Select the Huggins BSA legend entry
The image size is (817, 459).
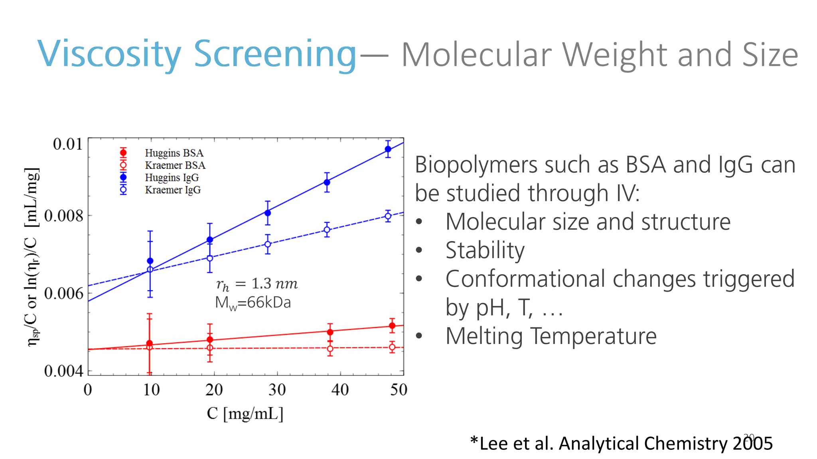click(174, 153)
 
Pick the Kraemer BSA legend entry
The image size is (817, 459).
click(175, 165)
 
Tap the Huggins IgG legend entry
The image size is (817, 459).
click(172, 178)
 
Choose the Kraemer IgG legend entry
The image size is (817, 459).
click(173, 190)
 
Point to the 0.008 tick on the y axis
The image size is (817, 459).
click(64, 216)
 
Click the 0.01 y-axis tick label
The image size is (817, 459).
click(68, 144)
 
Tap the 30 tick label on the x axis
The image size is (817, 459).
click(277, 390)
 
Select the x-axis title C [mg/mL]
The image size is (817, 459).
click(245, 414)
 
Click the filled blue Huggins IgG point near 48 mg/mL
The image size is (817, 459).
click(388, 149)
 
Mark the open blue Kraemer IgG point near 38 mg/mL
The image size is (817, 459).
click(327, 230)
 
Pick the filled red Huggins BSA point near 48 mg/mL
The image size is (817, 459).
click(392, 326)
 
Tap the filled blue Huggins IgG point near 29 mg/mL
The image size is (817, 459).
click(268, 213)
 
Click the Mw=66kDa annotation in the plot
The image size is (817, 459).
click(253, 303)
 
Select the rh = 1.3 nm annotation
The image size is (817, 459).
click(257, 284)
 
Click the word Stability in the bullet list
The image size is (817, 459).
click(485, 251)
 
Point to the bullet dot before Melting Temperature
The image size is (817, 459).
click(419, 336)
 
